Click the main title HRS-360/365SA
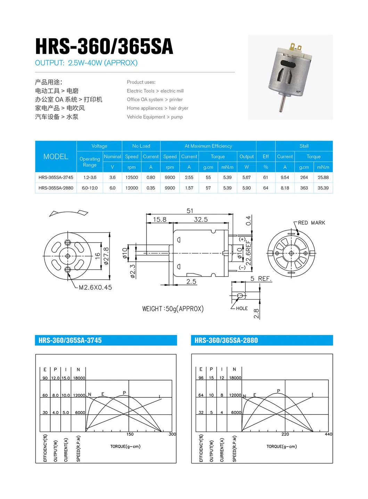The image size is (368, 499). [x=104, y=46]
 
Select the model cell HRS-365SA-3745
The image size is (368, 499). [x=56, y=177]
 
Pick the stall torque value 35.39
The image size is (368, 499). [x=323, y=188]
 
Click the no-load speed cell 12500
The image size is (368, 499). [x=132, y=177]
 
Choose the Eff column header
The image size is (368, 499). [x=265, y=157]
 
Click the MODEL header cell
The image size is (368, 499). [x=56, y=157]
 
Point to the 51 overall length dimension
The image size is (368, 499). [x=190, y=211]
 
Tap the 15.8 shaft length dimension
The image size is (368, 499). [x=160, y=219]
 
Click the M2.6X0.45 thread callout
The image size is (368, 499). [x=95, y=287]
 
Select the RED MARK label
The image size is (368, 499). [x=311, y=223]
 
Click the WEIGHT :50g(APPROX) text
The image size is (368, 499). [x=173, y=309]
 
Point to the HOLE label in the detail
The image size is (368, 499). [x=242, y=308]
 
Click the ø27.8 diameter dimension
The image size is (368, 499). [x=106, y=256]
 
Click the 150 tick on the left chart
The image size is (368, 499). [x=130, y=434]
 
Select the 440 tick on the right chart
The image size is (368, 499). [x=328, y=434]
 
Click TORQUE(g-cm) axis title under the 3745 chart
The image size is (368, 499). [x=125, y=446]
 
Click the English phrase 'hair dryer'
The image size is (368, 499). [x=179, y=108]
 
